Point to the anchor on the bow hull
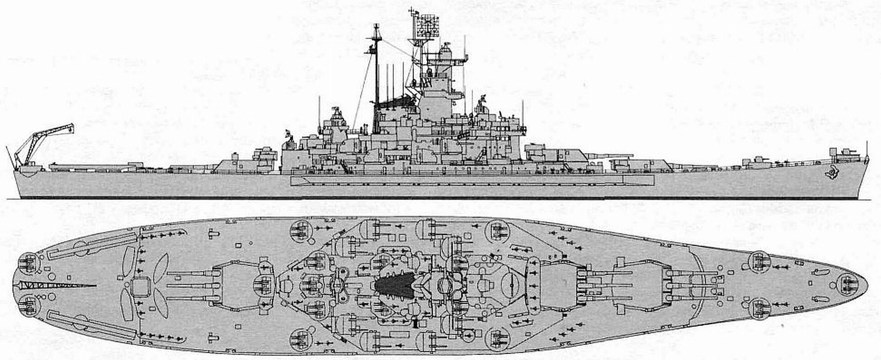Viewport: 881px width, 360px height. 832,173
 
